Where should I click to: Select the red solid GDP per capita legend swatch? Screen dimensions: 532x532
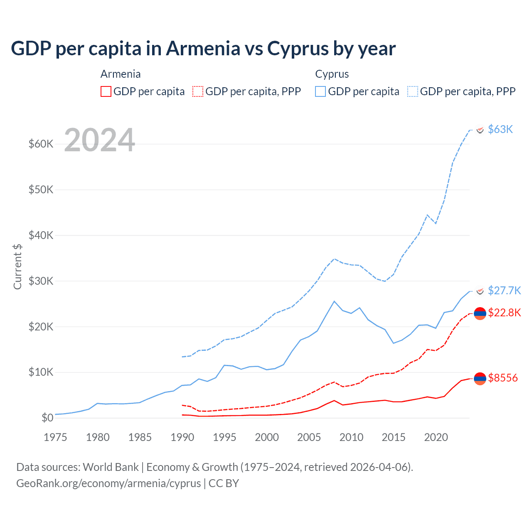coord(106,91)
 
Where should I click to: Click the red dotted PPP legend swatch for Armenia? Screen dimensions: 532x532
coord(198,91)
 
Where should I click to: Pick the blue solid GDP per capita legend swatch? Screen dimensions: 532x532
coord(320,91)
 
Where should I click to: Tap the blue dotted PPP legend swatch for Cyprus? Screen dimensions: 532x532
coord(413,91)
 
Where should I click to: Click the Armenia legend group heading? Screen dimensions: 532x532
coord(121,74)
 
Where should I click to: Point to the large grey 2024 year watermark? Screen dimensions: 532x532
coord(100,140)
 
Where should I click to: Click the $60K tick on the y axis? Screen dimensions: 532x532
coord(41,144)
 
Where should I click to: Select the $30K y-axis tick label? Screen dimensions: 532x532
coord(41,281)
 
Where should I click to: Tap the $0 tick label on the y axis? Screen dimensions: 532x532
coord(47,418)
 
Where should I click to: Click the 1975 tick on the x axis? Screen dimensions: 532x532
coord(55,437)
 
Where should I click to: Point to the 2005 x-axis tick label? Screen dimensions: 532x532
coord(309,437)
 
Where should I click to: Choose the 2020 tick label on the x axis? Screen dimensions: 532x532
coord(436,437)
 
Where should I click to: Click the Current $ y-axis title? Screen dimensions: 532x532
coord(17,266)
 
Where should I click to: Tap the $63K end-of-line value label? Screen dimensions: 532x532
coord(500,129)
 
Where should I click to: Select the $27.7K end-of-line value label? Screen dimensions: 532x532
coord(504,290)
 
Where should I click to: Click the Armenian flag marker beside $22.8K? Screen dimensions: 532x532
coord(480,313)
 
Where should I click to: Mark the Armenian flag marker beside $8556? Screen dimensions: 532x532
coord(480,378)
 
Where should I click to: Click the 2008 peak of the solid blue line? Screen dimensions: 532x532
coord(334,301)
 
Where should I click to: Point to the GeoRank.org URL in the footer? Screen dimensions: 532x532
coord(108,483)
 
